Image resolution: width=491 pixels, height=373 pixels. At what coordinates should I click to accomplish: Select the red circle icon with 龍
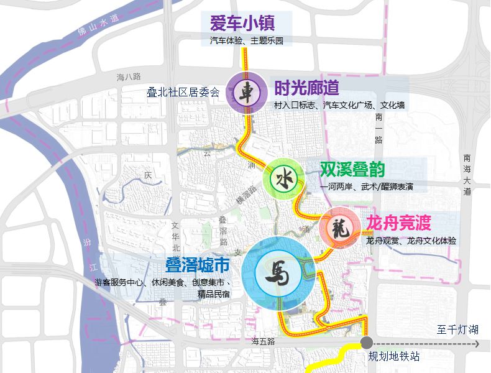click(340, 228)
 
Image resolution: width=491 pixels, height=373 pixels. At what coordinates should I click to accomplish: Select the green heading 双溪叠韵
click(352, 169)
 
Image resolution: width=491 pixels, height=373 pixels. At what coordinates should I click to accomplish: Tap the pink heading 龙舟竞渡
click(398, 223)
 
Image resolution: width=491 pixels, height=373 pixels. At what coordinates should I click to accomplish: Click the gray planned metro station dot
click(367, 343)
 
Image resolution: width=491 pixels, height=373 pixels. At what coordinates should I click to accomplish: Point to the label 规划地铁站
click(393, 357)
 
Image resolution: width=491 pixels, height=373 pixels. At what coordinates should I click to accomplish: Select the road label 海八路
click(129, 77)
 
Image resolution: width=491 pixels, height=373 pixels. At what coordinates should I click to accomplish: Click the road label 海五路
click(263, 341)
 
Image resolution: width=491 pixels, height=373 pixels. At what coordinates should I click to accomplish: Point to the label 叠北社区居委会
click(183, 93)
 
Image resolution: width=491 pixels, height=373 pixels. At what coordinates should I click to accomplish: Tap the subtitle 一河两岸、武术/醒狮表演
click(366, 186)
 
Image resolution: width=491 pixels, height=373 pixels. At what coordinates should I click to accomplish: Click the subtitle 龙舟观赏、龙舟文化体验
click(411, 241)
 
